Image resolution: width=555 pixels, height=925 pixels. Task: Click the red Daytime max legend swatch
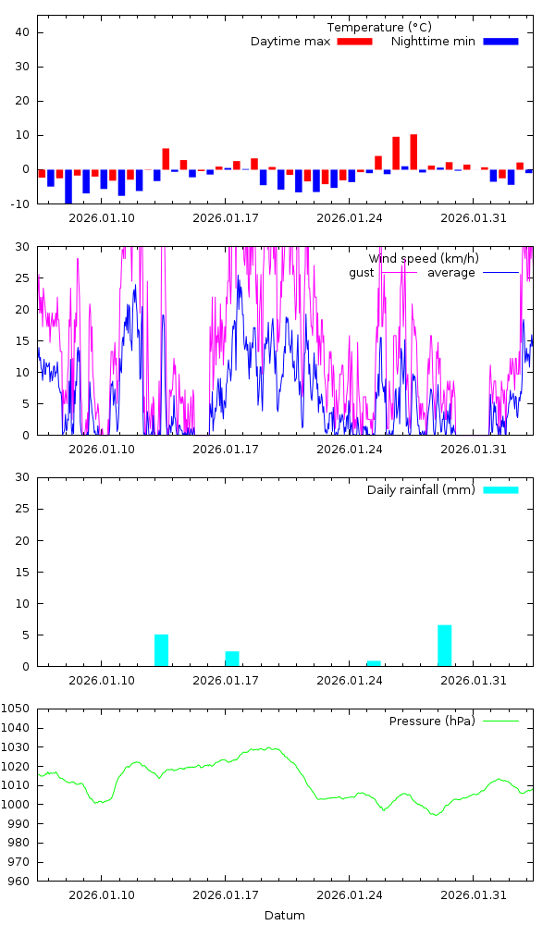pyautogui.click(x=354, y=42)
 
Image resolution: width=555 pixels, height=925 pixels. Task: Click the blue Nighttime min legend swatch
pyautogui.click(x=500, y=42)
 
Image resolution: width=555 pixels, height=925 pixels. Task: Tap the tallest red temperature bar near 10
pyautogui.click(x=413, y=152)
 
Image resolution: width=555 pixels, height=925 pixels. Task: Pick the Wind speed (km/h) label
pyautogui.click(x=424, y=258)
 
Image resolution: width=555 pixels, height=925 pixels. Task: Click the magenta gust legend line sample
pyautogui.click(x=401, y=273)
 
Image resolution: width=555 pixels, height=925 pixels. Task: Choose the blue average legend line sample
pyautogui.click(x=500, y=273)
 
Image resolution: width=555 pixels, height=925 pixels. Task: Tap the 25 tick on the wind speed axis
pyautogui.click(x=24, y=277)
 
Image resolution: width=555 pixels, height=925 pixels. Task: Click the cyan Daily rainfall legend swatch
pyautogui.click(x=500, y=489)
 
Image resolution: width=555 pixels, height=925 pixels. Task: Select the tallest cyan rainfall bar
pyautogui.click(x=445, y=645)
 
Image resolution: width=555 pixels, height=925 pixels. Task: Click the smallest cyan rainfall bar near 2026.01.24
pyautogui.click(x=374, y=663)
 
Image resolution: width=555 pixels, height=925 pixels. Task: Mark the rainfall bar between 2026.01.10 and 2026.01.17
pyautogui.click(x=161, y=649)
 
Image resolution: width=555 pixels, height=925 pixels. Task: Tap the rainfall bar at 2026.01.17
pyautogui.click(x=232, y=659)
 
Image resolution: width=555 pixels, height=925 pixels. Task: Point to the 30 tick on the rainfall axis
pyautogui.click(x=24, y=477)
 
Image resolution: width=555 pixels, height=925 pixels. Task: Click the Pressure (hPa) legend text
pyautogui.click(x=432, y=721)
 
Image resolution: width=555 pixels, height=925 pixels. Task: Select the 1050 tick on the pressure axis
pyautogui.click(x=18, y=709)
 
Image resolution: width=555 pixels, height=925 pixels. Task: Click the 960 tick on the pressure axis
pyautogui.click(x=20, y=881)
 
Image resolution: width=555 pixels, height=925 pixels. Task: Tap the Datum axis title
pyautogui.click(x=285, y=916)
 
